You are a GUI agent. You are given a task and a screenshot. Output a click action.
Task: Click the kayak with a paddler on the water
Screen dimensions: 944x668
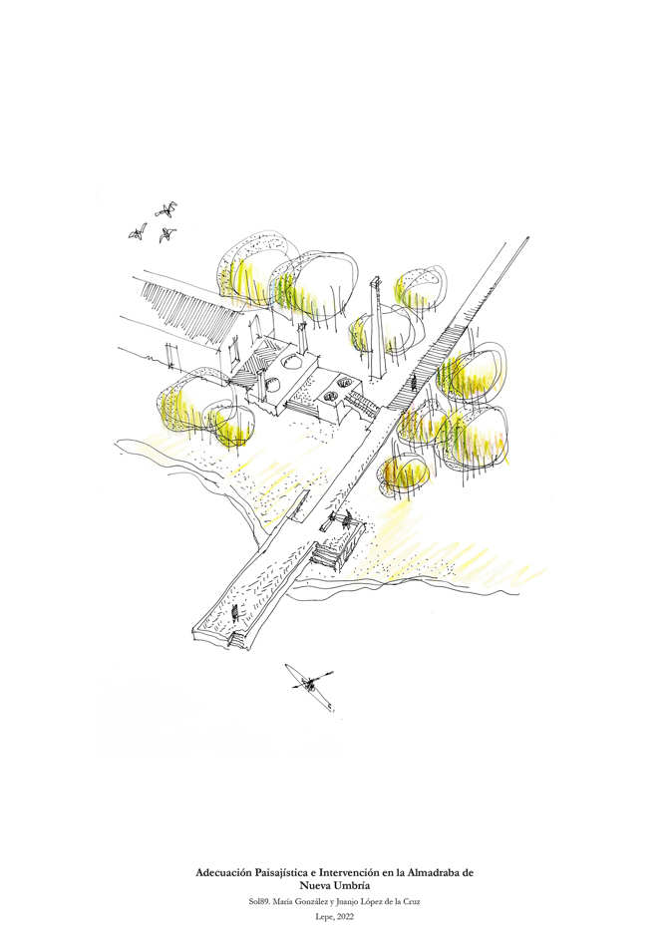tap(312, 686)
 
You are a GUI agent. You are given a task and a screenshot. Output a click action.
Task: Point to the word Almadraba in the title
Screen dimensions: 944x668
tap(438, 872)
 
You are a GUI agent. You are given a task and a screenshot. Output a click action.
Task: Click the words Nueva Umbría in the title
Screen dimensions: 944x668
tap(334, 885)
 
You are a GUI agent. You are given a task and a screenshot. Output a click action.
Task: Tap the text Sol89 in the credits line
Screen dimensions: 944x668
tap(263, 902)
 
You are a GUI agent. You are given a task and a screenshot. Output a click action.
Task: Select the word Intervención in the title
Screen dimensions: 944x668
tap(374, 872)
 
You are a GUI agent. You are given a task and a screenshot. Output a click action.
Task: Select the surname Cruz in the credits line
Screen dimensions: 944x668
tap(418, 902)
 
